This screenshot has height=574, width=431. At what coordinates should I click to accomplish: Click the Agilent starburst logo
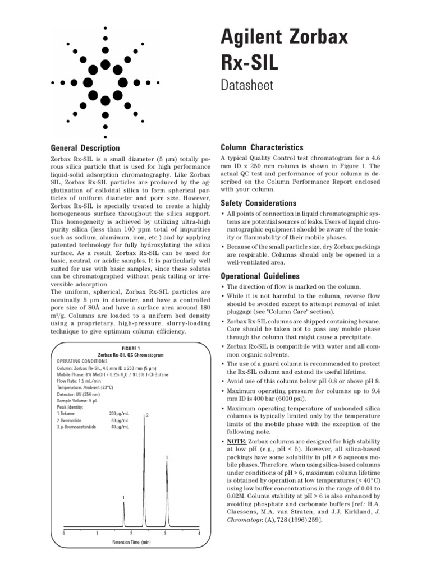point(106,82)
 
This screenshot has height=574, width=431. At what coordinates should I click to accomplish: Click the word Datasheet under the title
point(247,86)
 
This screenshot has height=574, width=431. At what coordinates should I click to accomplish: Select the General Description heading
point(85,148)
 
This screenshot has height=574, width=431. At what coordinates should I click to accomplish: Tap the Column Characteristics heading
point(262,147)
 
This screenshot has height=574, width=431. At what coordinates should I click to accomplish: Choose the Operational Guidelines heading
point(261,276)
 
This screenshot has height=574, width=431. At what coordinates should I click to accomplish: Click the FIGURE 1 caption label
point(130,348)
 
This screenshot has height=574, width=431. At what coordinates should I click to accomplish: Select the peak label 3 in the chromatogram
point(167,459)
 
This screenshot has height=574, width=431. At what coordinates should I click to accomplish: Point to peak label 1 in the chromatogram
point(124,498)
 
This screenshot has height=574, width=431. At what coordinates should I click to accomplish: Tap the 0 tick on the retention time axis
point(63,533)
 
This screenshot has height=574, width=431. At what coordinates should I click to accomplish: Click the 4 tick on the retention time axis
point(199,533)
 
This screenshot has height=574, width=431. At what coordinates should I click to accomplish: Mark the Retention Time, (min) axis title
point(131,543)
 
